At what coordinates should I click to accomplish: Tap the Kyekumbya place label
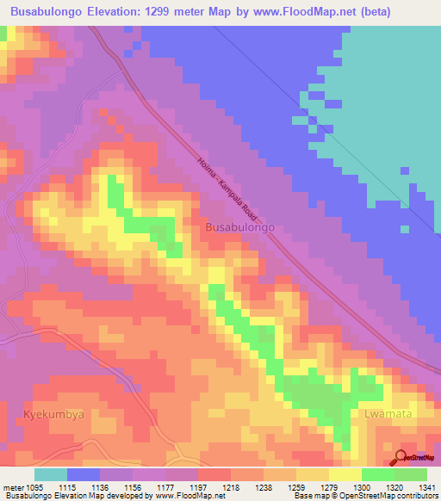pyautogui.click(x=54, y=414)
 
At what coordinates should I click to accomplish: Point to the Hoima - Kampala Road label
pyautogui.click(x=227, y=185)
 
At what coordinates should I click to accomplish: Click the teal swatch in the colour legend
pyautogui.click(x=51, y=474)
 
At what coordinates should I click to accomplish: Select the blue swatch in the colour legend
pyautogui.click(x=84, y=474)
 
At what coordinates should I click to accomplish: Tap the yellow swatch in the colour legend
pyautogui.click(x=345, y=474)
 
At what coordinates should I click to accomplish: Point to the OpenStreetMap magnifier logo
pyautogui.click(x=402, y=457)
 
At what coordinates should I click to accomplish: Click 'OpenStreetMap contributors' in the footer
pyautogui.click(x=398, y=496)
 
